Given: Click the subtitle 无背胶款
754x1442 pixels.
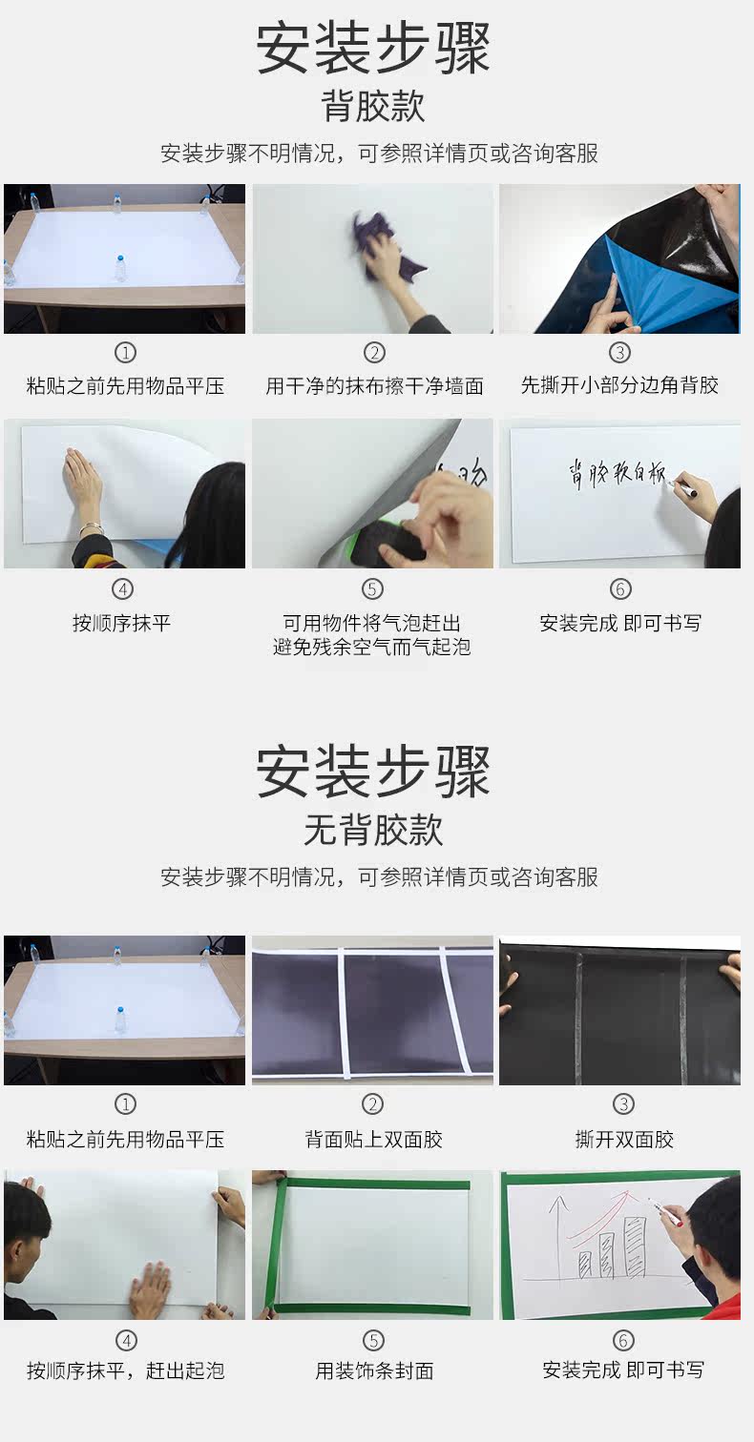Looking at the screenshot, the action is pyautogui.click(x=373, y=830).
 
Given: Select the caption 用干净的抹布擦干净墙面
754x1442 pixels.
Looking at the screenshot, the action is pyautogui.click(x=374, y=386).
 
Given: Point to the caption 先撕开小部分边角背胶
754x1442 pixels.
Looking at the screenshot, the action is pyautogui.click(x=619, y=385).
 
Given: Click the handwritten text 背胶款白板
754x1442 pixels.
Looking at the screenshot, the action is pyautogui.click(x=617, y=474).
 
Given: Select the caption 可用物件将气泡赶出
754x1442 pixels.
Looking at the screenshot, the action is pyautogui.click(x=372, y=623).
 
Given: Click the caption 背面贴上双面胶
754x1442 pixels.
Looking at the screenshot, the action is pyautogui.click(x=374, y=1140).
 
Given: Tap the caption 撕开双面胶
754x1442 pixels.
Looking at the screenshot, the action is pyautogui.click(x=624, y=1140).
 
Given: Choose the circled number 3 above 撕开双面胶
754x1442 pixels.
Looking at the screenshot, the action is pyautogui.click(x=623, y=1104).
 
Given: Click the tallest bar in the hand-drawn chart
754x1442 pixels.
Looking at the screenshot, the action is pyautogui.click(x=636, y=1246).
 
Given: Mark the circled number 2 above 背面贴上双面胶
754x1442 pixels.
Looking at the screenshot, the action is pyautogui.click(x=372, y=1104).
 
